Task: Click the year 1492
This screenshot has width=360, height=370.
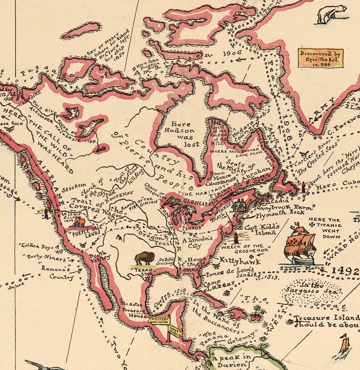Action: [345, 271]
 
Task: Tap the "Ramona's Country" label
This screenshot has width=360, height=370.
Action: [61, 273]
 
